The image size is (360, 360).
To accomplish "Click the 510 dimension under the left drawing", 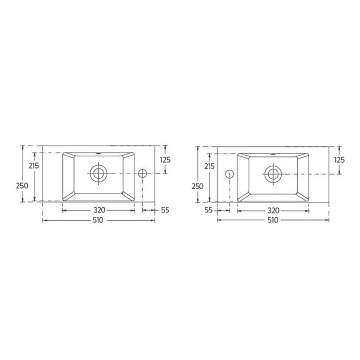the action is [x=98, y=220].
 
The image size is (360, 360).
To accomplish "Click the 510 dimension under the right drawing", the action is [x=273, y=220].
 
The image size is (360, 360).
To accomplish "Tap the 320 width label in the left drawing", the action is [x=99, y=210].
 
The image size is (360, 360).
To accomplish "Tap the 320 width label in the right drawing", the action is [x=274, y=211].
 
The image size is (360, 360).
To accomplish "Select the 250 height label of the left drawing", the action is [x=22, y=185].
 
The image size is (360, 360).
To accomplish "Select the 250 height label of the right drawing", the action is [x=198, y=186].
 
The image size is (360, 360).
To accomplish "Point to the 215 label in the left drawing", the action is [x=34, y=166].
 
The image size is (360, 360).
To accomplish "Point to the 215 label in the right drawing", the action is [x=210, y=166].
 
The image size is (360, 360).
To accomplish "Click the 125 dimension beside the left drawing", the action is [x=165, y=160].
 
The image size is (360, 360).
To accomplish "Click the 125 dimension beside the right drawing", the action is [x=339, y=160].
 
